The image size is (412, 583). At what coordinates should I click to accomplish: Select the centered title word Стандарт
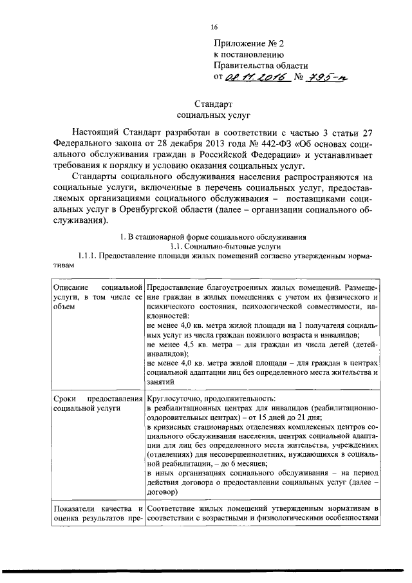coord(213,104)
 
